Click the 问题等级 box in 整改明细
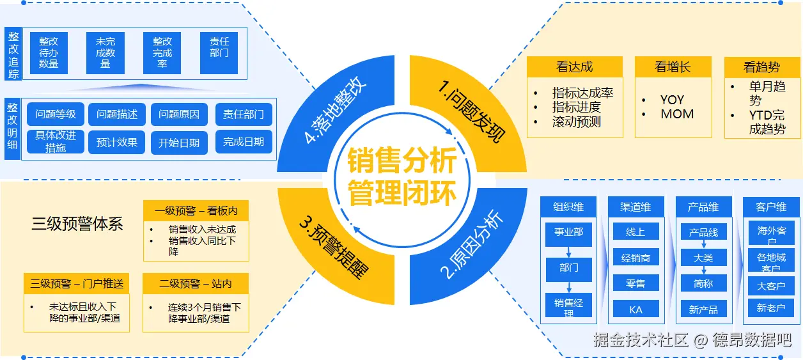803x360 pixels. point(56,114)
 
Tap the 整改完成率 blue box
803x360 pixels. point(162,52)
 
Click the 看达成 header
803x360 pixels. point(574,67)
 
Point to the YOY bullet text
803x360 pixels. point(672,100)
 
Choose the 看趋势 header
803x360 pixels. point(761,67)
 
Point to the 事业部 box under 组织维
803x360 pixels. point(568,231)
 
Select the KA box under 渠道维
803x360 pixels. point(635,309)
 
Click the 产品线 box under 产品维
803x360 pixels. point(703,232)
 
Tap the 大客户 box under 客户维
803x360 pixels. point(770,286)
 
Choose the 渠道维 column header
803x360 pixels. point(635,207)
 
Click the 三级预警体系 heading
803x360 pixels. point(77,224)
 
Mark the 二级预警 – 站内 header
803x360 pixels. point(196,283)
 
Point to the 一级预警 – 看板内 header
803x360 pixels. point(196,210)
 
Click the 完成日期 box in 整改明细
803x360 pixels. point(244,142)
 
